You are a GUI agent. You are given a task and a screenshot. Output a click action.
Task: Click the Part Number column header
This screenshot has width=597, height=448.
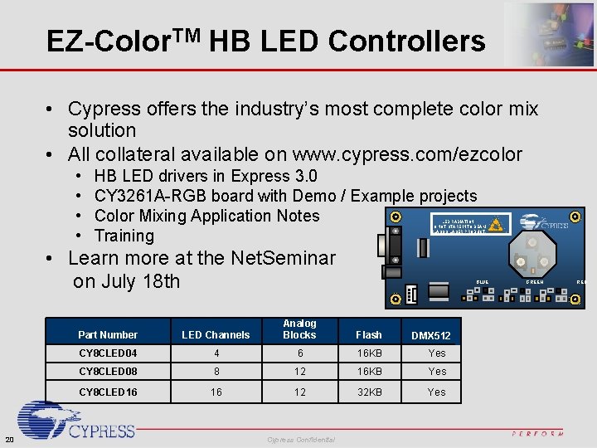pyautogui.click(x=108, y=335)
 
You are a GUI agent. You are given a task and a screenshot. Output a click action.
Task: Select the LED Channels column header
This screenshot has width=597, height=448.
pyautogui.click(x=216, y=335)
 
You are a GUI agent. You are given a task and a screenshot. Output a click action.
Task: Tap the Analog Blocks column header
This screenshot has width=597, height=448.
pyautogui.click(x=299, y=329)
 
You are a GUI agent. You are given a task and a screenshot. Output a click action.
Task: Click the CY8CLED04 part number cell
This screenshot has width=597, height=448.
pyautogui.click(x=108, y=353)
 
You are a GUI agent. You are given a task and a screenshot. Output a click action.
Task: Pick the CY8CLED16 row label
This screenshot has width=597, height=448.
pyautogui.click(x=108, y=392)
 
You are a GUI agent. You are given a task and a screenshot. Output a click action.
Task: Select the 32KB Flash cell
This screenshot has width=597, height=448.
pyautogui.click(x=368, y=392)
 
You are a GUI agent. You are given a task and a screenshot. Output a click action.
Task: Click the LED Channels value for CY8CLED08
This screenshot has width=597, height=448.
pyautogui.click(x=216, y=372)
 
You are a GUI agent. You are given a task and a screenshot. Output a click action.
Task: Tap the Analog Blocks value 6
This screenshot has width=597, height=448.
pyautogui.click(x=299, y=353)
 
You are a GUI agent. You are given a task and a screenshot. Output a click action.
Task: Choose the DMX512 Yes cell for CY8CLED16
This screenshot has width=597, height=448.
pyautogui.click(x=437, y=392)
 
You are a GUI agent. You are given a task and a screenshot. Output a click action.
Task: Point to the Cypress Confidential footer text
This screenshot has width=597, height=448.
pyautogui.click(x=301, y=439)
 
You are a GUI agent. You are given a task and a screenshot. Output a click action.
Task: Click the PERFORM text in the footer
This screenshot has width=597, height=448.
pyautogui.click(x=538, y=433)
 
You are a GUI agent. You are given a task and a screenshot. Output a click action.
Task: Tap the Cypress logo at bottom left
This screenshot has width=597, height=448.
pyautogui.click(x=75, y=421)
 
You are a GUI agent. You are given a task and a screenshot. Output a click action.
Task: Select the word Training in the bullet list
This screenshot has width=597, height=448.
pyautogui.click(x=124, y=236)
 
